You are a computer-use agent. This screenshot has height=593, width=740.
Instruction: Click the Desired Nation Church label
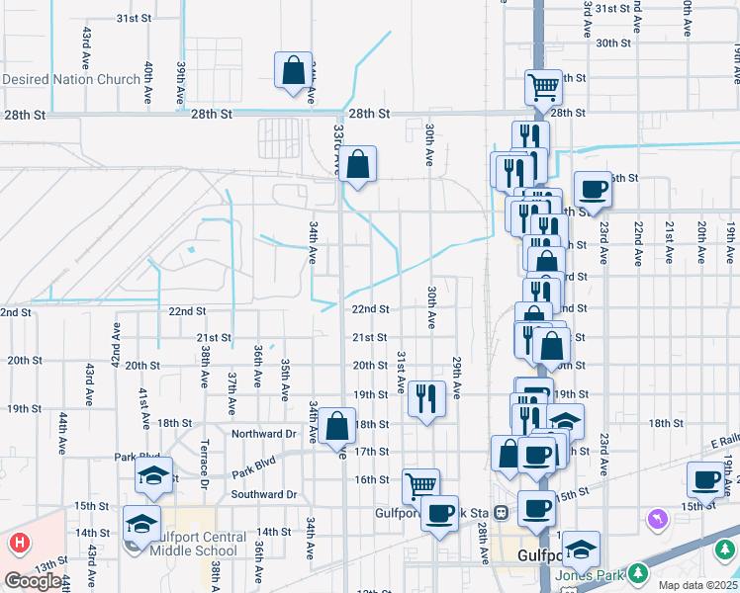[x=71, y=79]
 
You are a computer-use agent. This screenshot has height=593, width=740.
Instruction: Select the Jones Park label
[x=592, y=576]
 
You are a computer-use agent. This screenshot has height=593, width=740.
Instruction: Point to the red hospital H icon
[x=20, y=543]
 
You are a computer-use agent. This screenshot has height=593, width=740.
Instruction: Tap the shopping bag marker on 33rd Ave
[x=357, y=164]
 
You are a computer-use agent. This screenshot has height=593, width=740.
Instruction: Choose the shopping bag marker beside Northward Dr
[x=336, y=427]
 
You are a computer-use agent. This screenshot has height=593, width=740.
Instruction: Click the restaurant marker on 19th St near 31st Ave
[x=426, y=399]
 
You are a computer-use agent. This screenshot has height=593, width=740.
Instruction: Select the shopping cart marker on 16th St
[x=420, y=485]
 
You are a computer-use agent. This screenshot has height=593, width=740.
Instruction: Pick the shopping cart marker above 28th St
[x=543, y=89]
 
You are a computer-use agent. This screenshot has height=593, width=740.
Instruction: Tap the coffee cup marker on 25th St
[x=593, y=188]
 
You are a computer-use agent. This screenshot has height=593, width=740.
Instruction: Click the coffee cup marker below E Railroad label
[x=705, y=479]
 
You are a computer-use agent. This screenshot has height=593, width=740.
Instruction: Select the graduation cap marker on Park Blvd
[x=153, y=475]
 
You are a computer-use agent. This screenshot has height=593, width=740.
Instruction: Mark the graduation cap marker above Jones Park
[x=582, y=547]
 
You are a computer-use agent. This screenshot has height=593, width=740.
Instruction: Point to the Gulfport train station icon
[x=502, y=513]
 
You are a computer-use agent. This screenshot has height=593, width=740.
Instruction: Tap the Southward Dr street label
[x=264, y=494]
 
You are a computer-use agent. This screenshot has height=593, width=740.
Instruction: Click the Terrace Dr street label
[x=204, y=464]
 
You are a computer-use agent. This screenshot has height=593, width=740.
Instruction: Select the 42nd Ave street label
[x=116, y=341]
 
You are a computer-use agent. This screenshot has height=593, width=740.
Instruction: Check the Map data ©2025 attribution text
[x=697, y=585]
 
